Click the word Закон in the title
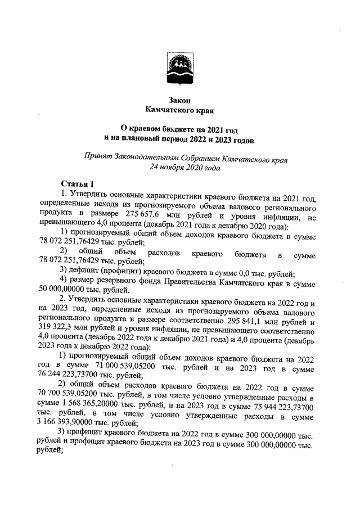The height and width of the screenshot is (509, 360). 179,100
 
